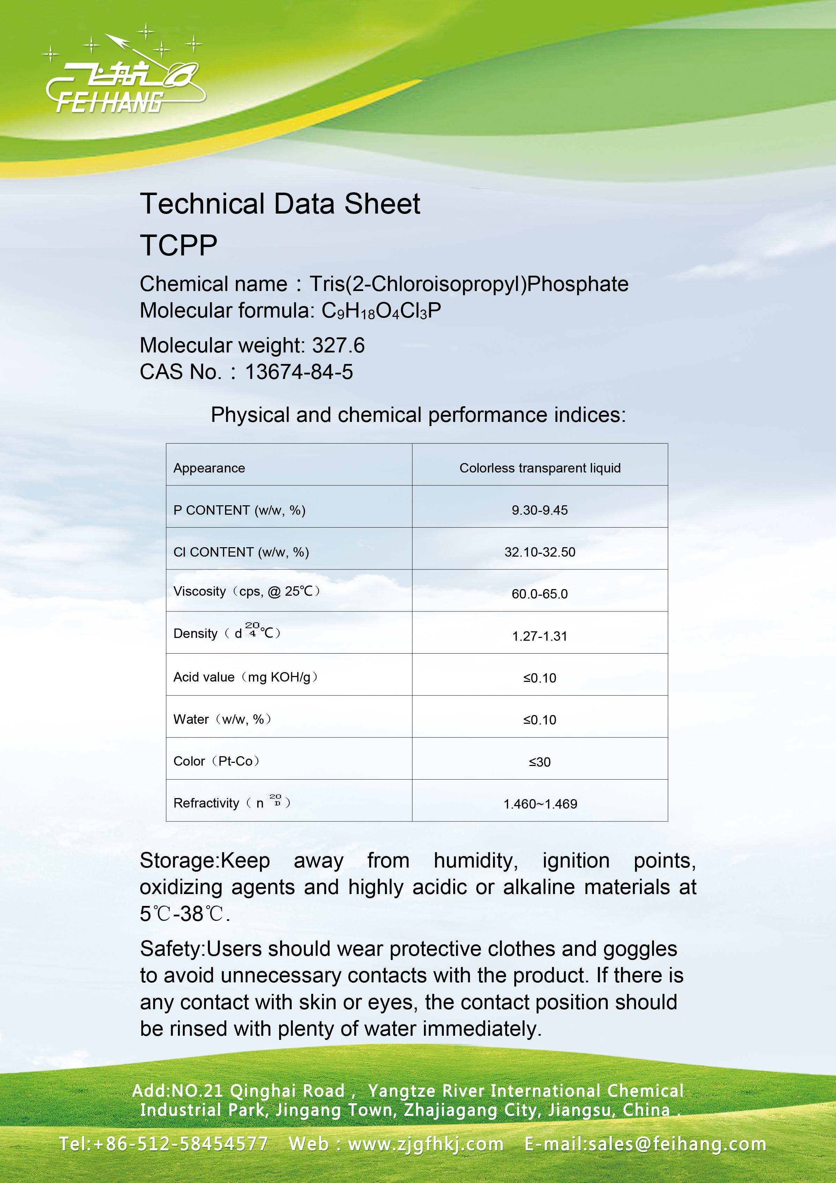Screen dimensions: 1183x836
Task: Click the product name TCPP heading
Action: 178,245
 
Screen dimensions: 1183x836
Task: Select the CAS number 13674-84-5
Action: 299,372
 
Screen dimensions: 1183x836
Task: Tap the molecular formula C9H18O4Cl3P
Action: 381,311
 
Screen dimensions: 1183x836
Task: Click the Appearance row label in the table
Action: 209,468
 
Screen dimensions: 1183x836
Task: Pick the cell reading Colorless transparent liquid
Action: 540,468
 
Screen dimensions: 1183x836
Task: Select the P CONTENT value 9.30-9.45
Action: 539,510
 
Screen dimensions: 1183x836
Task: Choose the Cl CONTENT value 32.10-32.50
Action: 539,552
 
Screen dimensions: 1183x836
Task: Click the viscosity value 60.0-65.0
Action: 539,594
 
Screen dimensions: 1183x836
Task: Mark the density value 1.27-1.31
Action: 539,636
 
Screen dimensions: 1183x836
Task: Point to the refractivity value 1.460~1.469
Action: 540,804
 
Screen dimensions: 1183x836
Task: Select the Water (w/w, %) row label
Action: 222,719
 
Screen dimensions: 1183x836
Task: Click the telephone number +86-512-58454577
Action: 181,1144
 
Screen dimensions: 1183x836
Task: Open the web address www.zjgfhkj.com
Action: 425,1144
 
